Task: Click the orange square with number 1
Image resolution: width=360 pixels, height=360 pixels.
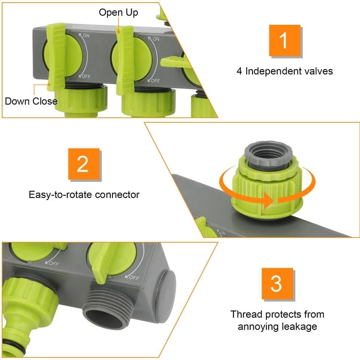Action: (284, 40)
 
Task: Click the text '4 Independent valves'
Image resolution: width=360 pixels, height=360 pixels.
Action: (284, 71)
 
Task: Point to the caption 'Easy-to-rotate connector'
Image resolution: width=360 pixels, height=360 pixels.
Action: (84, 195)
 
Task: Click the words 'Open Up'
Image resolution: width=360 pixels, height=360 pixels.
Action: (118, 12)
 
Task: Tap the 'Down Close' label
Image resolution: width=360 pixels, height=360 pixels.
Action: (31, 101)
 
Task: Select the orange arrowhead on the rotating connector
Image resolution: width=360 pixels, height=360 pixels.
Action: (269, 201)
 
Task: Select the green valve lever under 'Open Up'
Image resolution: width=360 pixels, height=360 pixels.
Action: (125, 58)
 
